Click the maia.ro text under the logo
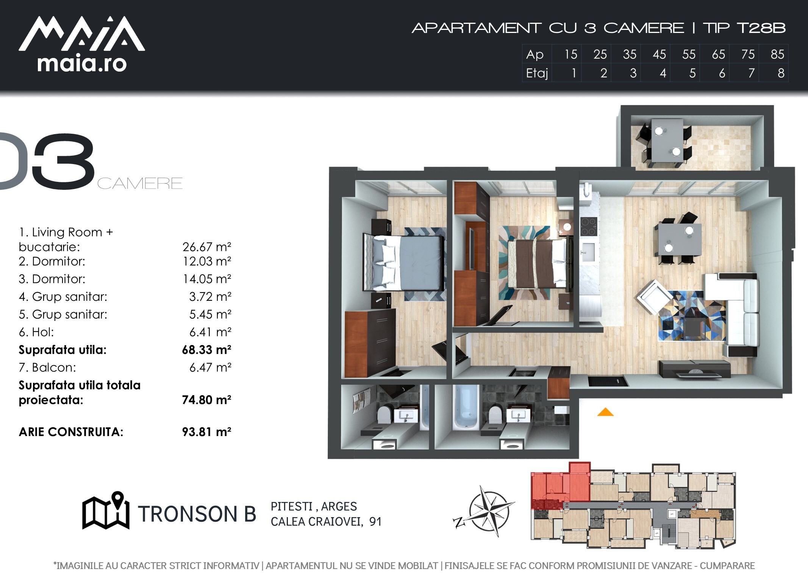point(82,64)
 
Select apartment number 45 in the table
point(659,55)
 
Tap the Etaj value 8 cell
point(781,73)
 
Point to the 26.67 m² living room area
point(206,247)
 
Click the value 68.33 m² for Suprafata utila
point(206,350)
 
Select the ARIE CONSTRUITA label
point(71,432)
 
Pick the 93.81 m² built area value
point(206,432)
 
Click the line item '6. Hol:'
point(36,332)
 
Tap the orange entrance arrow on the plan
point(605,412)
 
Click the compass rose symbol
point(487,511)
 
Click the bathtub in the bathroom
point(466,408)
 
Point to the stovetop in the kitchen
point(589,227)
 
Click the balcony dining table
point(667,141)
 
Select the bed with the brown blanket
point(538,263)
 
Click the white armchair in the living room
point(653,297)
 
